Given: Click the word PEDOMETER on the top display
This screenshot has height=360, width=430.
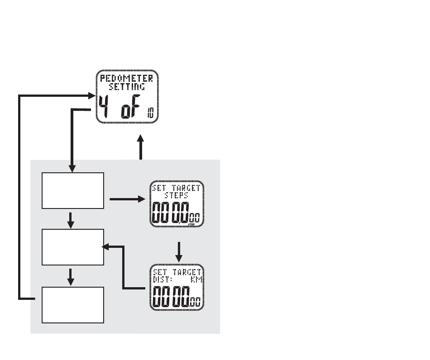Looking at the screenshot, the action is pos(126,78).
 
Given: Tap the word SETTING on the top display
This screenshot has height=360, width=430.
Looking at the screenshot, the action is pos(127,86).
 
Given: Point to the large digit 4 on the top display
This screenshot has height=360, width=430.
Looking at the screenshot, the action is pos(104,106).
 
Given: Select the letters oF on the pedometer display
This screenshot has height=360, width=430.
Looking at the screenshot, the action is pos(130,107).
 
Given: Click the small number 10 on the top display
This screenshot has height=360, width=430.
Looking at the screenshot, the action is pos(151,113).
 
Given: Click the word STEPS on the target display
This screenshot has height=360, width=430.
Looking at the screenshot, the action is pos(177,195).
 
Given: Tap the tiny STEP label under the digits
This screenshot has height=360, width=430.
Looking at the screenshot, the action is pos(191,225).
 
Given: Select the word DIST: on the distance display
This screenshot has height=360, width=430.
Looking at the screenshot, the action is pos(162,279).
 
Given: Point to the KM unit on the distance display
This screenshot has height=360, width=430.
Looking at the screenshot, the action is pos(196,279).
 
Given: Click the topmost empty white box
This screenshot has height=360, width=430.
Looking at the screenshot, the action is pos(73,191).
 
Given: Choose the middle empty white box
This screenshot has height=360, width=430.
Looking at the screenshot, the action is pos(73,247).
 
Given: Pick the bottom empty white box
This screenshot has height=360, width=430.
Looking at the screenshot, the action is pos(73,305).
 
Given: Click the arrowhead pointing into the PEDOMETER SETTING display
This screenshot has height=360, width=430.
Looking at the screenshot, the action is pos(92,95).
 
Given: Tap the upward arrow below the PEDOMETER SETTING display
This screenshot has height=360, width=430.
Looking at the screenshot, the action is pos(140,147).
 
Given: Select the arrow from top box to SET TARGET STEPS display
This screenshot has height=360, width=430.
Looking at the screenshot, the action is pos(127,199).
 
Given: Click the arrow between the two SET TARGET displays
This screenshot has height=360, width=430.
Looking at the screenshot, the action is pos(179,252).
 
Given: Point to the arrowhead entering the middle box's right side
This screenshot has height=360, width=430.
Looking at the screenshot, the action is pos(105,246).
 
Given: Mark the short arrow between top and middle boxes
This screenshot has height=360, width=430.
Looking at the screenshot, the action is pos(71,221).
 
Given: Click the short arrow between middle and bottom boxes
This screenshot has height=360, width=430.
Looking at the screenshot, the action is pos(71,277).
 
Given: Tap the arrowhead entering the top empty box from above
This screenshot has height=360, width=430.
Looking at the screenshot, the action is pos(72,169).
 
